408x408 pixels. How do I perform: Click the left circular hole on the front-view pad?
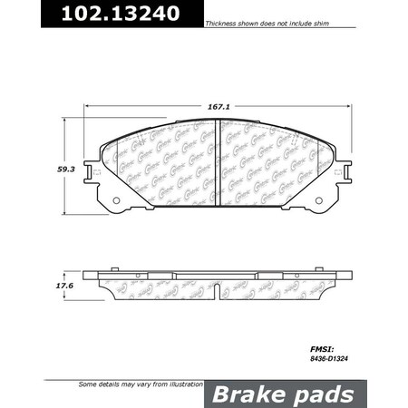[x=115, y=201]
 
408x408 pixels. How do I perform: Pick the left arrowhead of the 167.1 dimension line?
[x=89, y=104]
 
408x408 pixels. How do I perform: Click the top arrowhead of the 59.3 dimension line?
[x=66, y=123]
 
